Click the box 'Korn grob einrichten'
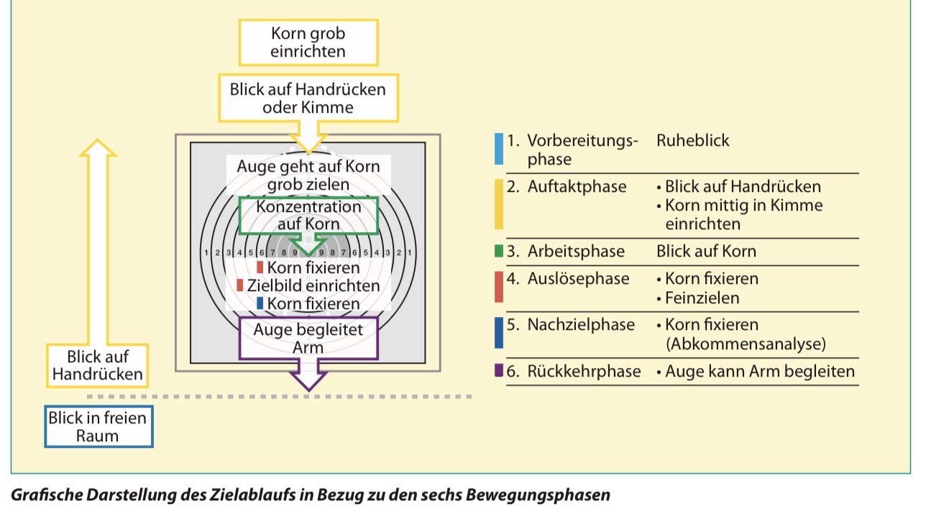pos(308,42)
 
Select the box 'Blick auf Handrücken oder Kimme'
pos(308,98)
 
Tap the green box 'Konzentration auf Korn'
pos(309,215)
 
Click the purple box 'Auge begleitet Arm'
pos(308,338)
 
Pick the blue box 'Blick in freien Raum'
pos(98,427)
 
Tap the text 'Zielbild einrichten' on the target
pos(313,285)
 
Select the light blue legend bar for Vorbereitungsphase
pos(499,149)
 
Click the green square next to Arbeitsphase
pos(499,252)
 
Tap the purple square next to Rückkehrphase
pos(499,372)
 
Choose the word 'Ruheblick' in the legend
pos(692,140)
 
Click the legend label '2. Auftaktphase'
pos(567,187)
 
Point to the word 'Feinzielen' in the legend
pos(702,297)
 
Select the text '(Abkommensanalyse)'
pos(746,344)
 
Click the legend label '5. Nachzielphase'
pos(571,325)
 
